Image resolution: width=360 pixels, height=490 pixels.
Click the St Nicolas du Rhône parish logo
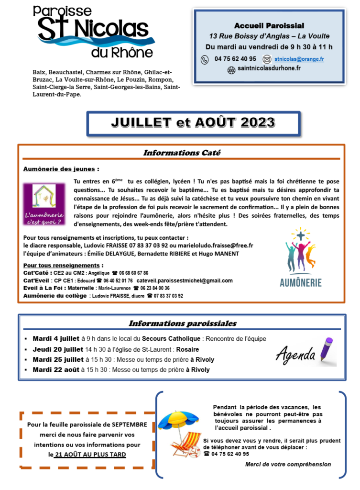tap(94, 33)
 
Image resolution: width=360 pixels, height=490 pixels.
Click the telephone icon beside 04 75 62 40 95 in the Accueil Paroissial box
tap(205, 59)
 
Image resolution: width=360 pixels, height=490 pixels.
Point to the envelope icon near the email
tap(267, 59)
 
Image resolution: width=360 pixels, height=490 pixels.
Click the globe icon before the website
tap(231, 69)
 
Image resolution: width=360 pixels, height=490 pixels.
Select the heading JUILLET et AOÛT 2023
tap(193, 123)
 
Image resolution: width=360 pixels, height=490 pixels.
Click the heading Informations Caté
tap(181, 153)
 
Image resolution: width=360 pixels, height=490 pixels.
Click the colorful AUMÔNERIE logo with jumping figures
tap(300, 258)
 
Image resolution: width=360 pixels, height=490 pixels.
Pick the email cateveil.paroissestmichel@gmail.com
tap(185, 280)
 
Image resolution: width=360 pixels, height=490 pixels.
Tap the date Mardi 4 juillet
tap(55, 339)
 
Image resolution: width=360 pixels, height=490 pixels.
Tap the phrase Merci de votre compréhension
tap(288, 464)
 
